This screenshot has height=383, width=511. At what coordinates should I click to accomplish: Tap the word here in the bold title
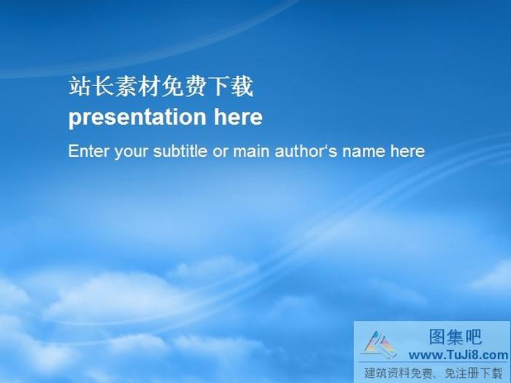tap(238, 117)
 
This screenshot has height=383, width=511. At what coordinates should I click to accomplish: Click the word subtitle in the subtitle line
tap(180, 151)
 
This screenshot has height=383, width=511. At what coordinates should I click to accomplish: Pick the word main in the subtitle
tap(255, 151)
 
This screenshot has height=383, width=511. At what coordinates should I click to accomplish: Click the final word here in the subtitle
tap(407, 151)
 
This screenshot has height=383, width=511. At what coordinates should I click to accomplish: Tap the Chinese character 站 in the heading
tap(79, 87)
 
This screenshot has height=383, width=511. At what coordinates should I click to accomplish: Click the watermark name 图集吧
tap(454, 337)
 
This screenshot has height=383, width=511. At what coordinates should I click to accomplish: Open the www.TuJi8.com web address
tap(458, 355)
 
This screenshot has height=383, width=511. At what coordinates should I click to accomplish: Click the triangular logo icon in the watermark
tap(380, 344)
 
